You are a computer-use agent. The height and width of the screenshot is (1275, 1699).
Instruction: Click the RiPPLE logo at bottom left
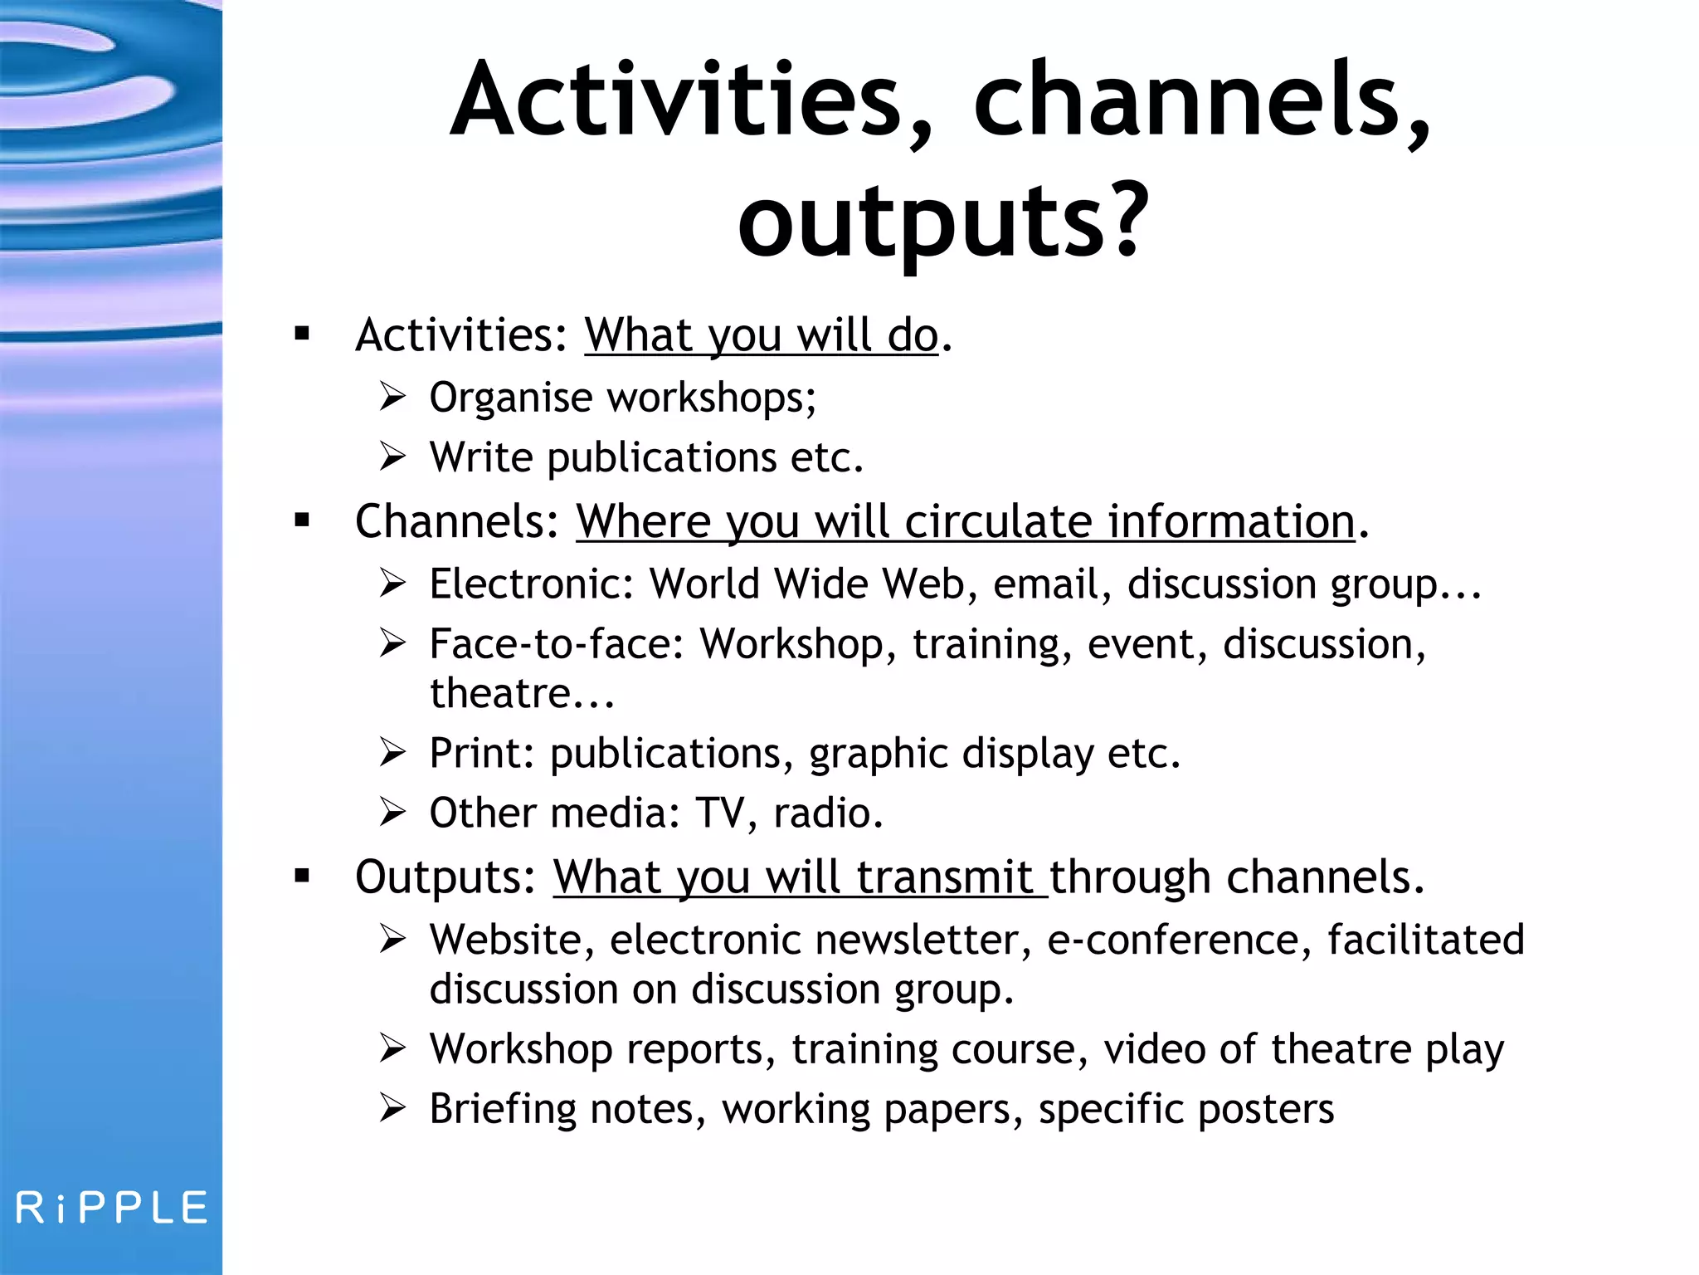112,1208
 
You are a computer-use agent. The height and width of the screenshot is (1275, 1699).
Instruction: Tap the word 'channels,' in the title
1202,100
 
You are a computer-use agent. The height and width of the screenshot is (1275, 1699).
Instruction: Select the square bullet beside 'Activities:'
302,334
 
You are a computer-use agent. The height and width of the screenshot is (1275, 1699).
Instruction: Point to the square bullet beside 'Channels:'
302,520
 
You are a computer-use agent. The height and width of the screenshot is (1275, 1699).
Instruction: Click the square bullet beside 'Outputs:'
302,876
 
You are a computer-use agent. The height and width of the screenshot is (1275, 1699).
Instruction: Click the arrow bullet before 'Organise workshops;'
392,397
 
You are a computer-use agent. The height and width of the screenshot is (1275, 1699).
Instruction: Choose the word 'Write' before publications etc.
481,457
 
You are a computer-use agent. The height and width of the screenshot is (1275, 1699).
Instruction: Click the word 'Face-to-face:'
557,644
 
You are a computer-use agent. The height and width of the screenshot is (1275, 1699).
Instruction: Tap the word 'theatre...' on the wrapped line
522,694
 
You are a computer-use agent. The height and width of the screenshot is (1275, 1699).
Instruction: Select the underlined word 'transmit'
945,877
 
